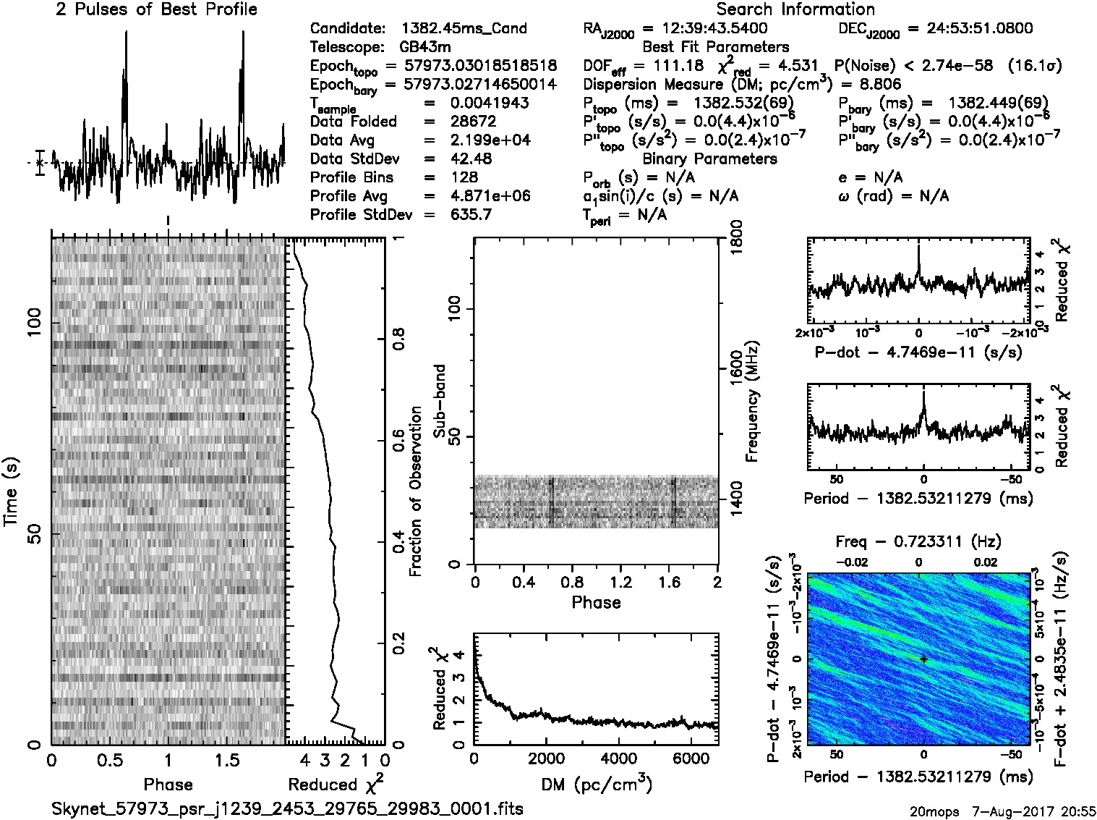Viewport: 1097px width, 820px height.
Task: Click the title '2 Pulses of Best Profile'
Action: (x=156, y=9)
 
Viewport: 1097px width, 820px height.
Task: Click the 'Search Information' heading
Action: (x=795, y=9)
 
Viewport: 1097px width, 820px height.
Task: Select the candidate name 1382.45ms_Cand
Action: (x=464, y=29)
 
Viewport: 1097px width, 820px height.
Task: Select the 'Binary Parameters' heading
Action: (x=709, y=159)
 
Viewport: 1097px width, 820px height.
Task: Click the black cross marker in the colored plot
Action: (x=923, y=659)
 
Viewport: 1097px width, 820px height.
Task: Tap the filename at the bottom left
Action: (x=287, y=808)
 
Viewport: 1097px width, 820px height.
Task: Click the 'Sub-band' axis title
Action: (x=439, y=400)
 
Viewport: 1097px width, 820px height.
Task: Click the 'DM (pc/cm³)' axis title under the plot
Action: (x=596, y=783)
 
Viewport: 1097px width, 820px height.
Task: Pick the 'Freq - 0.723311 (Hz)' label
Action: (x=918, y=542)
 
